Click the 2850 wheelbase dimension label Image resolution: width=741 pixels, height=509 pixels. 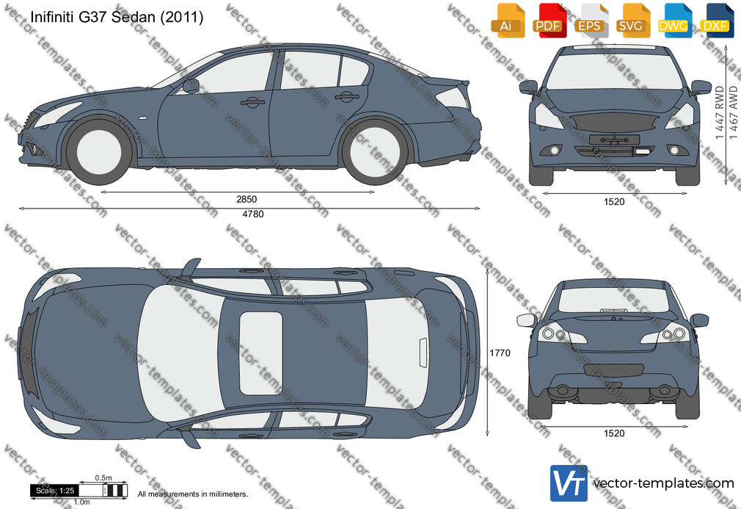pos(247,199)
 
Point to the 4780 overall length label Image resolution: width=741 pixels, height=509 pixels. pos(253,214)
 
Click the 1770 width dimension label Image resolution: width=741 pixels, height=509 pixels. pos(500,353)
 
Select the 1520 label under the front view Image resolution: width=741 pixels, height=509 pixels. pos(614,202)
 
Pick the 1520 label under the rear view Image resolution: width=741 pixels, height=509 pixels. pos(614,433)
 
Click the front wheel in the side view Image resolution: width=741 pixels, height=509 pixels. pos(99,151)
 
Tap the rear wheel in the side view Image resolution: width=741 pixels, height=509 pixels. pos(376,151)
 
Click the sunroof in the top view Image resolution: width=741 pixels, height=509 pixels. pos(261,353)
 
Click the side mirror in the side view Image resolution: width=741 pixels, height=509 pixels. pos(191,86)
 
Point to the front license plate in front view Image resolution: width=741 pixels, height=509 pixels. pos(614,140)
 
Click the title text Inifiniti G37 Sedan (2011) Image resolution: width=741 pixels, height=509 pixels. pos(117,18)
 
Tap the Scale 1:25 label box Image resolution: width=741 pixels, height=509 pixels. pos(55,491)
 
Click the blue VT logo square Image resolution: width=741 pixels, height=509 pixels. pos(569,483)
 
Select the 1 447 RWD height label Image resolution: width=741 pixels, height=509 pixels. pos(720,112)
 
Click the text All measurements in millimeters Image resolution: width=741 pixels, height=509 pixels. pos(193,494)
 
